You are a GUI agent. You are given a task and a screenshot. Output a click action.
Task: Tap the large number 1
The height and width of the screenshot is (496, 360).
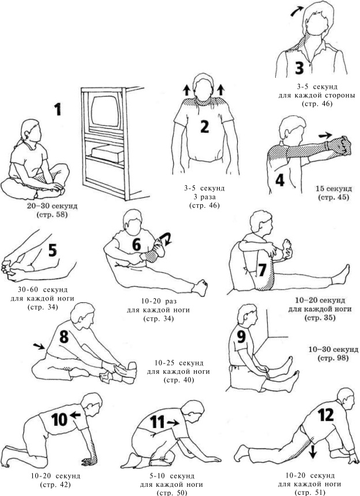[x=57, y=109]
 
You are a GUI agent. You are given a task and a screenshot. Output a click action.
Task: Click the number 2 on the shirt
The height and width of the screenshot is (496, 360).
[x=205, y=126]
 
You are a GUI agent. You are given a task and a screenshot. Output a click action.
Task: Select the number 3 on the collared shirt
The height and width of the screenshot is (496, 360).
[x=299, y=68]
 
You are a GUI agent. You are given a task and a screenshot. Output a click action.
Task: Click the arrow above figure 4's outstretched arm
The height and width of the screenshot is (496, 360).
[x=325, y=136]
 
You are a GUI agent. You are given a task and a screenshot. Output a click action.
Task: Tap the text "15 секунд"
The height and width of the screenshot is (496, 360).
[x=333, y=189]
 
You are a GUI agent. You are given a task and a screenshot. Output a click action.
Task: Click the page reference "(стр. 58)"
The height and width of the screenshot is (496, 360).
[x=52, y=215]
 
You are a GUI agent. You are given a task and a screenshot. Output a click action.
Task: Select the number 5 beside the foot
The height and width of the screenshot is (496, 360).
[x=52, y=250]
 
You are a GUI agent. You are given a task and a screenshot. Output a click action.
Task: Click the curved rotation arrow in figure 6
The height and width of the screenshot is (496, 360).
[x=166, y=239]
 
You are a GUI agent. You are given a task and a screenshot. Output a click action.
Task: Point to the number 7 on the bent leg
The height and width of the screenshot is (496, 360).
[x=263, y=270]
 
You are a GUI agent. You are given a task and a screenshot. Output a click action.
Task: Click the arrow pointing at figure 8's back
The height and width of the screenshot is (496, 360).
[x=39, y=346]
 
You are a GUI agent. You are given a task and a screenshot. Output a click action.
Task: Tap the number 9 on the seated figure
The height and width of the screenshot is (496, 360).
[x=241, y=336]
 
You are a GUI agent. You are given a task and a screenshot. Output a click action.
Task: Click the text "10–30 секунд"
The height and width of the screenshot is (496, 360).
[x=333, y=350]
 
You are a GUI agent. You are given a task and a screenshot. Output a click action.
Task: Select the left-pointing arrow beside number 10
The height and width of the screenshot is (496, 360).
[x=75, y=415]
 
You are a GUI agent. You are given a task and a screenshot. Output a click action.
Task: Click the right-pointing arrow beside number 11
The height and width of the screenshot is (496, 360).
[x=172, y=422]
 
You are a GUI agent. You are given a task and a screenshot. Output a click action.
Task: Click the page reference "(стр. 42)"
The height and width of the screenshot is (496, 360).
[x=55, y=484]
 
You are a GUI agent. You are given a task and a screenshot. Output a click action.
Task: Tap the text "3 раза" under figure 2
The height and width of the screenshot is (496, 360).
[x=204, y=197]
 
